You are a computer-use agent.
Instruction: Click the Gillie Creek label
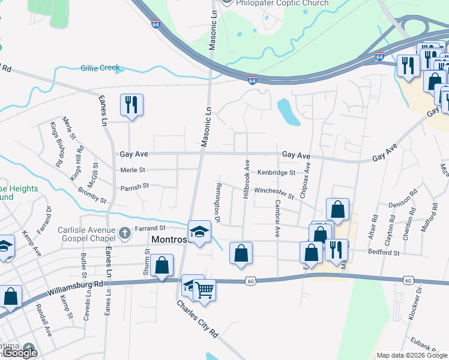pos(100,68)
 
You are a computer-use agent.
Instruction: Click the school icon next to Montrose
pos(199,232)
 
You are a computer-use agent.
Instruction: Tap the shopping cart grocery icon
pos(205,290)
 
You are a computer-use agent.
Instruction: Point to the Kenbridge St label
pos(277,172)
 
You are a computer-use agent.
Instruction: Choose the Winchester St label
pos(274,193)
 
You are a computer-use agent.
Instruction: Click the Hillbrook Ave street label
pos(246,179)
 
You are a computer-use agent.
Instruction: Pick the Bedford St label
pos(384,253)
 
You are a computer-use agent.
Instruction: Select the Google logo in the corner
pos(20,353)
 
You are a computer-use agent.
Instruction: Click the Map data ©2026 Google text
pos(411,355)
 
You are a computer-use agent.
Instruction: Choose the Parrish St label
pos(134,187)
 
